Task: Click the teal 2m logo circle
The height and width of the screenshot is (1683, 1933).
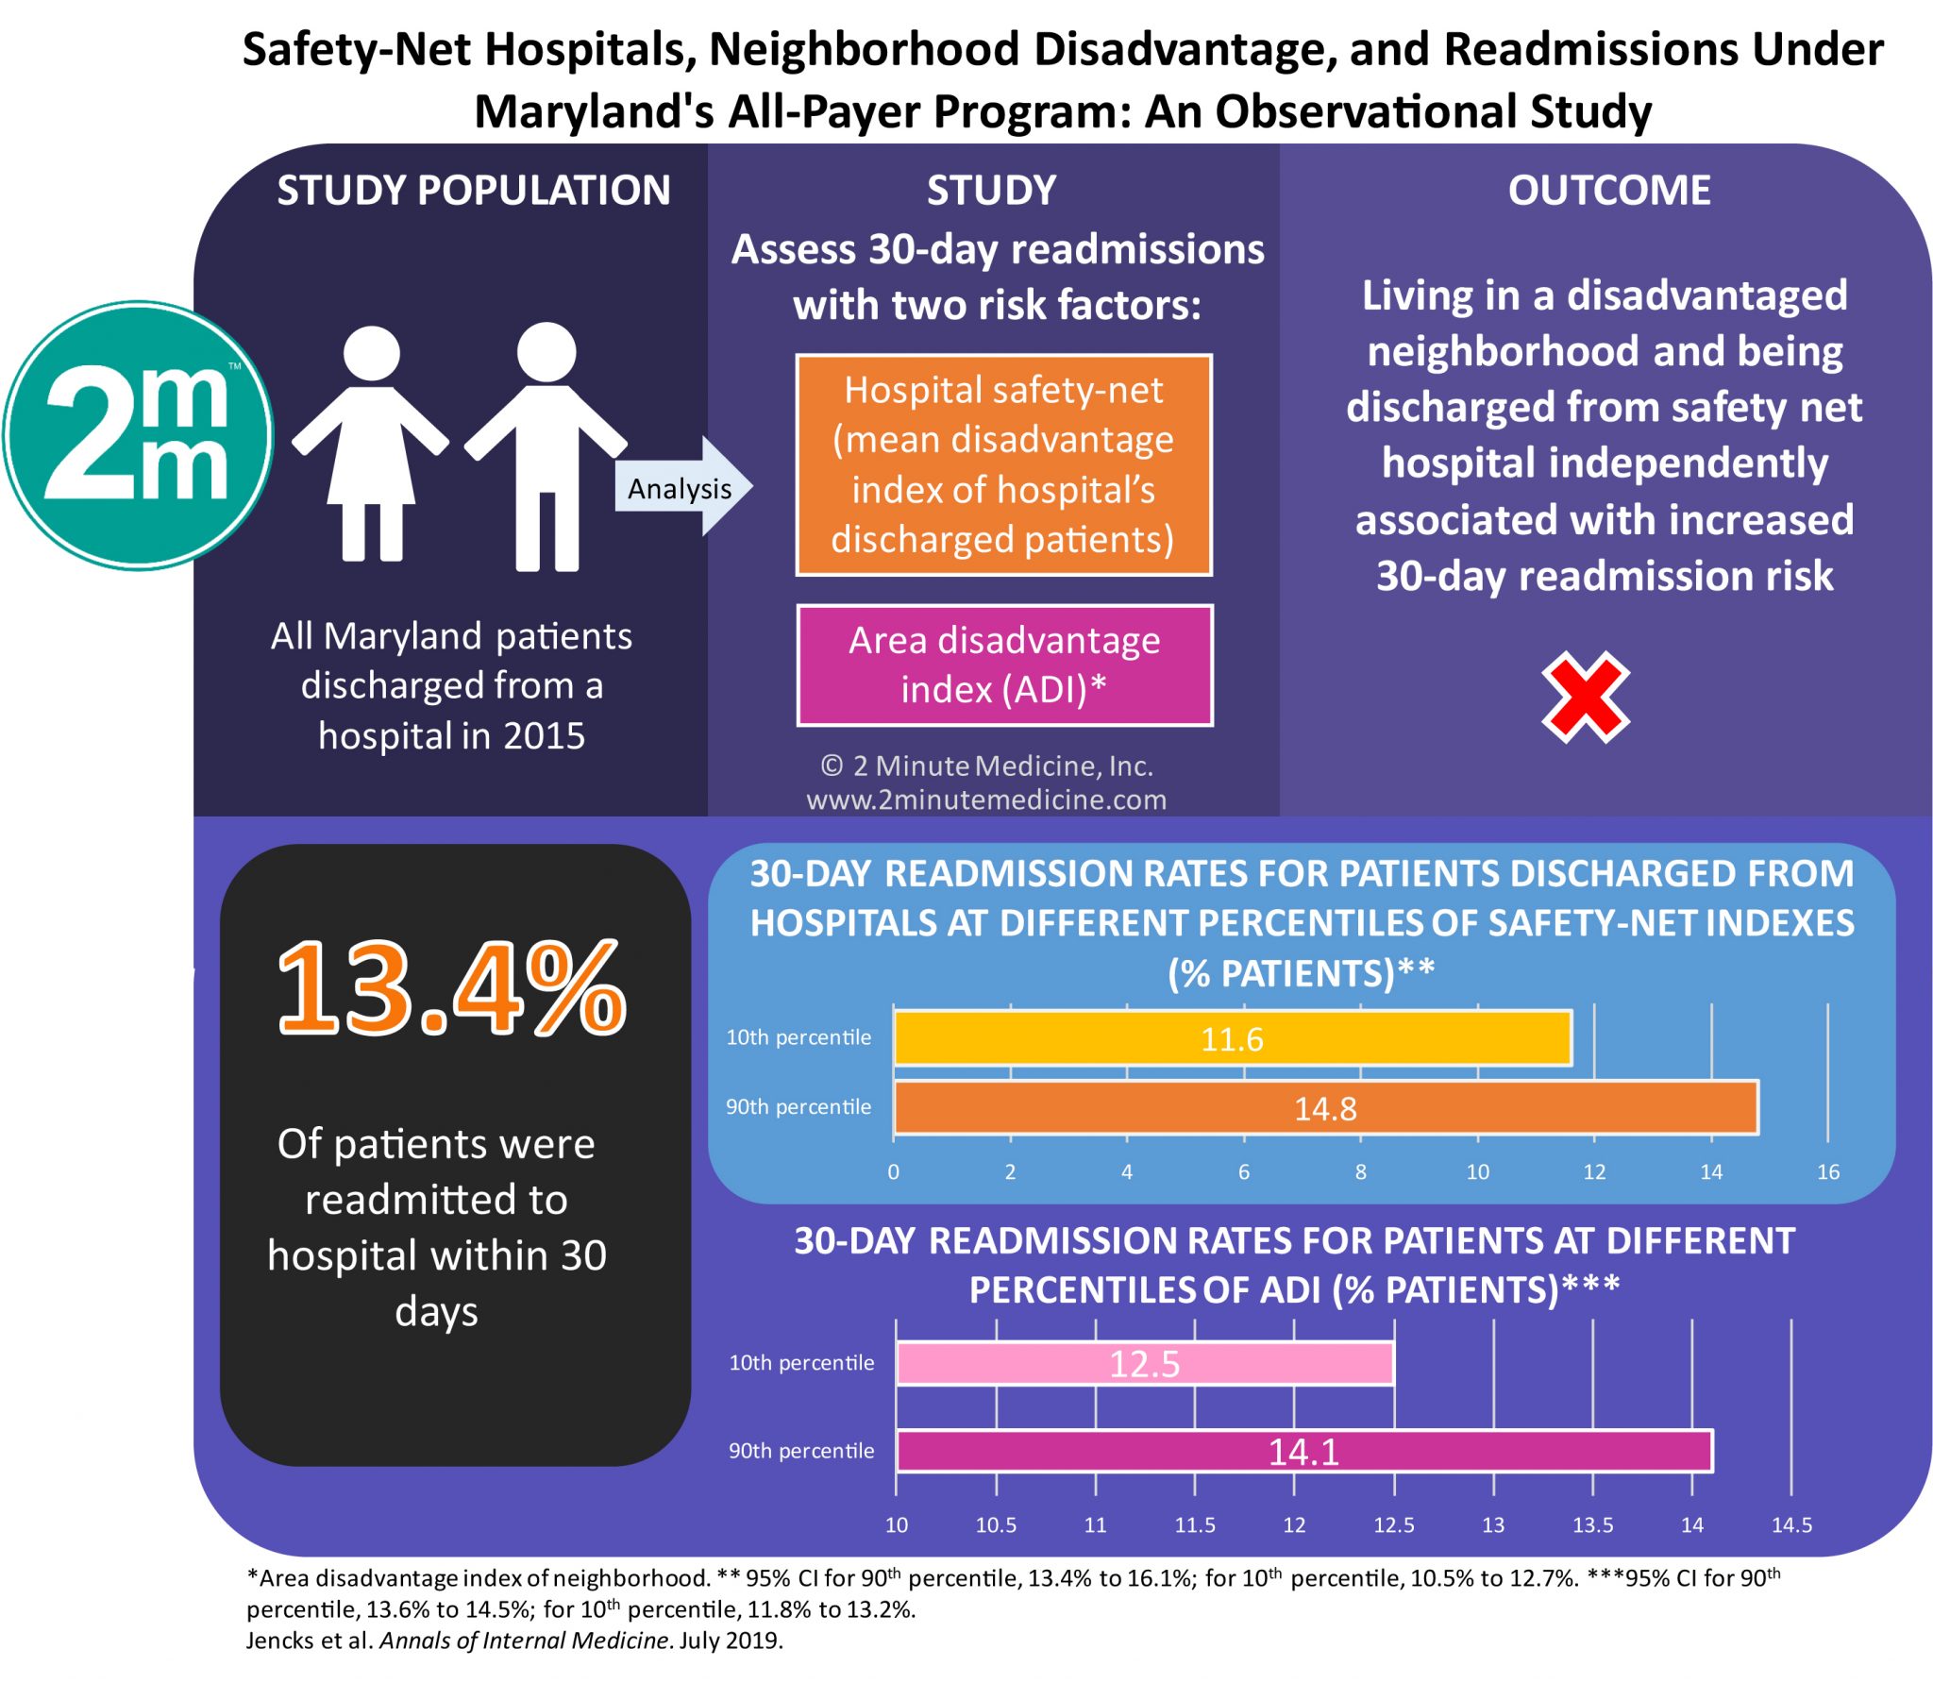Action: click(x=139, y=435)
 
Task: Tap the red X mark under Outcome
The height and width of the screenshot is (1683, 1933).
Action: click(x=1585, y=698)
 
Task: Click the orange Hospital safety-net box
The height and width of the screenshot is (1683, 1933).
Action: click(x=1003, y=464)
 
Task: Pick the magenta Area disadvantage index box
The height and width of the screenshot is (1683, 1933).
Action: click(x=1004, y=665)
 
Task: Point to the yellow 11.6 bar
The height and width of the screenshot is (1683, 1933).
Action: click(x=1232, y=1038)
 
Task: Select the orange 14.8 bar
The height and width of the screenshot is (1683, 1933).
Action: click(x=1325, y=1107)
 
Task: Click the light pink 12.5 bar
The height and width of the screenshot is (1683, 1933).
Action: click(x=1144, y=1364)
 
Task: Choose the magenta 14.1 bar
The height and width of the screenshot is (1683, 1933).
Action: click(x=1303, y=1451)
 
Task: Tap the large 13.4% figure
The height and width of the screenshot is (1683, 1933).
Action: click(x=451, y=989)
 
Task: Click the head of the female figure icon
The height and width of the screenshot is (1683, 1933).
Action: click(x=372, y=355)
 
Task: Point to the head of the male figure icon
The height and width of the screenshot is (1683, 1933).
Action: click(x=546, y=352)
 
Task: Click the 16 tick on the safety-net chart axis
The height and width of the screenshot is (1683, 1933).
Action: click(x=1827, y=1171)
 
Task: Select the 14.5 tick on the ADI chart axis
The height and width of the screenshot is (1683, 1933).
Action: click(x=1790, y=1524)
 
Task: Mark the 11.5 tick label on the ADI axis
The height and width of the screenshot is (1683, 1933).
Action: click(x=1194, y=1524)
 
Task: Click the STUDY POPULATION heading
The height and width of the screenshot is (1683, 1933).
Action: click(x=473, y=191)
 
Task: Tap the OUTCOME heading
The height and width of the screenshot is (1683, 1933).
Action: click(x=1608, y=191)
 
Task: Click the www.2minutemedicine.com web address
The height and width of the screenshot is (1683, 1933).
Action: click(x=986, y=799)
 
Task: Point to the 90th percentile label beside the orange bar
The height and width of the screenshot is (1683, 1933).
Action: click(x=798, y=1106)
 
